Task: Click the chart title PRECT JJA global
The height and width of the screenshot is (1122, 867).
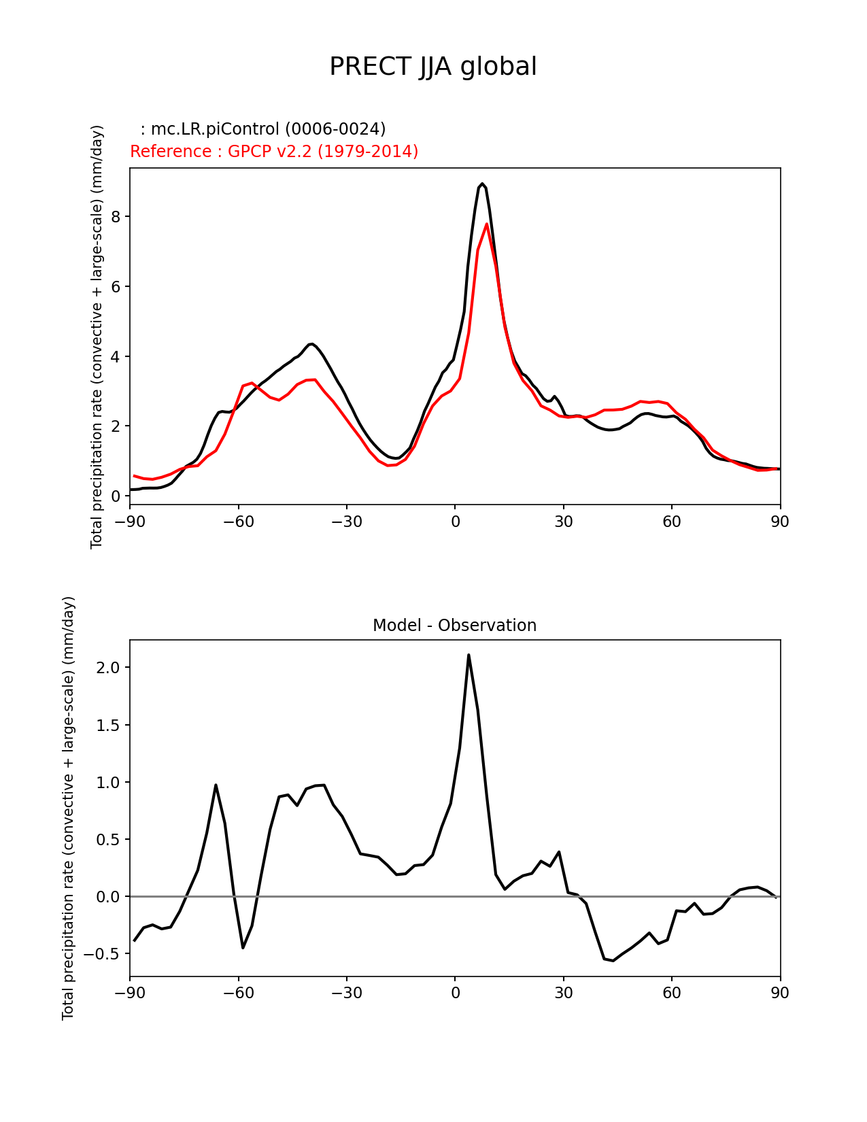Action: pos(432,67)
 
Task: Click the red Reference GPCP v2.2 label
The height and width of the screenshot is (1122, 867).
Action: pos(274,151)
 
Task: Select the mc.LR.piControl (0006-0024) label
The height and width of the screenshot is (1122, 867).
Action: pos(263,129)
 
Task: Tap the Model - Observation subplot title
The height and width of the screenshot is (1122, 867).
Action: pos(454,625)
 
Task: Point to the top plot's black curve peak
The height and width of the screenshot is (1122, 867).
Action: pos(482,184)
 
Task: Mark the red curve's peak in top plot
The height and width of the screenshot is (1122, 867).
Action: pos(487,224)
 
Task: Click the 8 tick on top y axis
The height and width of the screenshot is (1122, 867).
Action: pos(116,216)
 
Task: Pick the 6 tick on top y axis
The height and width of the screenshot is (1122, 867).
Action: pos(116,286)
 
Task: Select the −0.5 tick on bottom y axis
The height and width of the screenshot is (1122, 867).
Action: pos(103,953)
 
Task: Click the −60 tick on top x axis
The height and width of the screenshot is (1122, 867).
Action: pos(238,522)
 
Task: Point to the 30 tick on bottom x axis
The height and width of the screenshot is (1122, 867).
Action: pos(564,993)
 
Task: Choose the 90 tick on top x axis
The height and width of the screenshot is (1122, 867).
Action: pos(780,522)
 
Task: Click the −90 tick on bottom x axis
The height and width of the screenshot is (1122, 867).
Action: pos(130,993)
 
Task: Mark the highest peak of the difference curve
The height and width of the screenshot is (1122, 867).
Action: pos(469,655)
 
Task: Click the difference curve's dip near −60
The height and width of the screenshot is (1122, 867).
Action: pos(243,947)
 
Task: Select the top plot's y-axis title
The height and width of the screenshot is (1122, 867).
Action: pos(97,337)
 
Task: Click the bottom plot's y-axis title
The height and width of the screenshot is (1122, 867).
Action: pos(68,808)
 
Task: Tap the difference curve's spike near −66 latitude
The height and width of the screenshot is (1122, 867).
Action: pos(216,785)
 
